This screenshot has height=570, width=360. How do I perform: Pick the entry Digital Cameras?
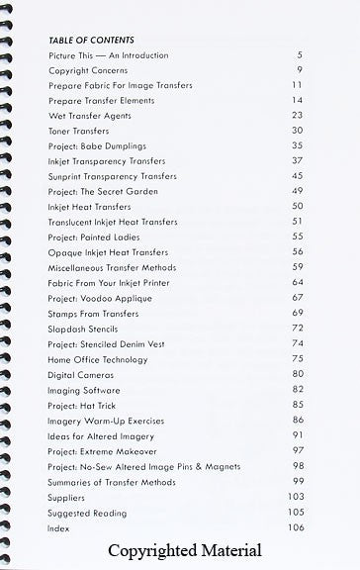pyautogui.click(x=80, y=375)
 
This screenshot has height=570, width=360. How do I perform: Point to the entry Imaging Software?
pyautogui.click(x=84, y=390)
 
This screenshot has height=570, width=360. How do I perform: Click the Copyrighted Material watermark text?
pyautogui.click(x=185, y=551)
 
